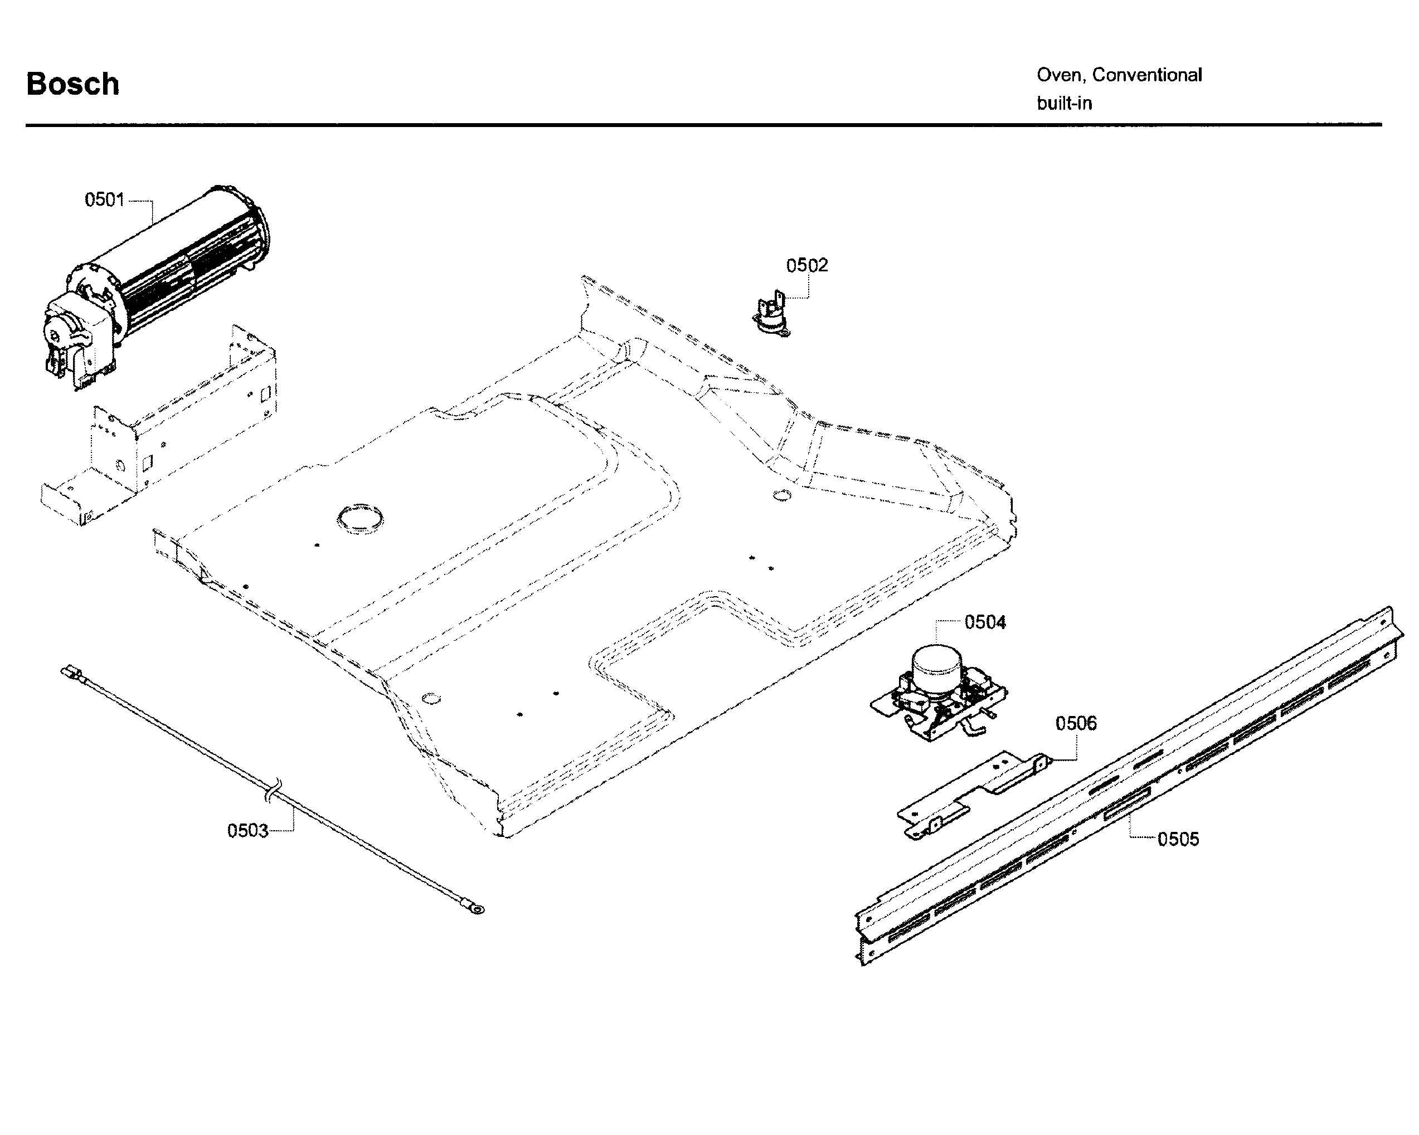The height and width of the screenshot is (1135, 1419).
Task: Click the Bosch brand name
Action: click(72, 84)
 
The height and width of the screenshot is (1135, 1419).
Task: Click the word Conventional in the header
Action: click(1146, 75)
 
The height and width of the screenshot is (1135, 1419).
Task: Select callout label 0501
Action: click(104, 199)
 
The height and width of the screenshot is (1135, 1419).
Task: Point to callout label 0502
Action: click(806, 265)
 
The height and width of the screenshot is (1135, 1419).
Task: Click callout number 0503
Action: click(247, 830)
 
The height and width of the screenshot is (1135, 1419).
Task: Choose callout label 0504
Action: click(985, 622)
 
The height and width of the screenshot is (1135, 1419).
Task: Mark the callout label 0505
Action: click(1178, 839)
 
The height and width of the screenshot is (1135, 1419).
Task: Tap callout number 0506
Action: click(1076, 723)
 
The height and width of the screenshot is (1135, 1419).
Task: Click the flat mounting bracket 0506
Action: click(974, 796)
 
